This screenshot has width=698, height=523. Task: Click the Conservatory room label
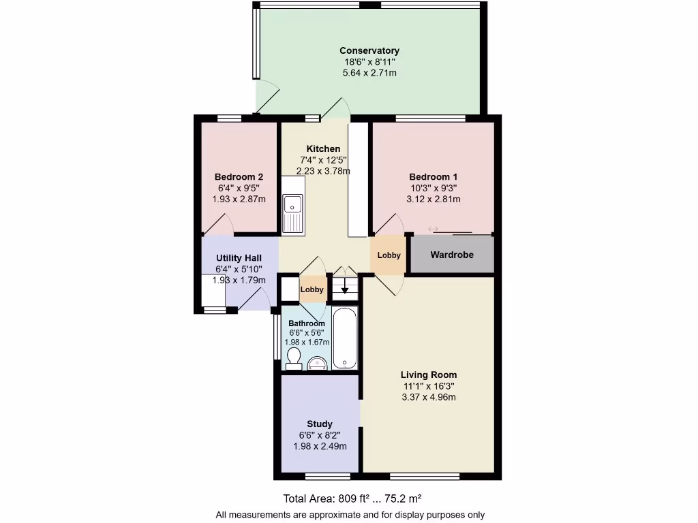coord(369,50)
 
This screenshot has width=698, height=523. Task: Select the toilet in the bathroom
coord(294,358)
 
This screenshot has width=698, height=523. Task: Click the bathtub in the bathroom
coord(344,338)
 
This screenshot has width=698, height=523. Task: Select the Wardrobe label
coord(451,255)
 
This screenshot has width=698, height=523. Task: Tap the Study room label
coord(319,424)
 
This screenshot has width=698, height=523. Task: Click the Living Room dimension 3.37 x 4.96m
coord(428,397)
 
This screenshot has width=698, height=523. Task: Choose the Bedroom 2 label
coord(239,176)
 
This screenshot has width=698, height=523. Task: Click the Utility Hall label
coord(239,258)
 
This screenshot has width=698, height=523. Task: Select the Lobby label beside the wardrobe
coord(389,255)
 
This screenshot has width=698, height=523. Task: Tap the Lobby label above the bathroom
coord(312,289)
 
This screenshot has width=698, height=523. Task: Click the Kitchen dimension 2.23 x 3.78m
coord(323,171)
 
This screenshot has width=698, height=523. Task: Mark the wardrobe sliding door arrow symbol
coord(433,229)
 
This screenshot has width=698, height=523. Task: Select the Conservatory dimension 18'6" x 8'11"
coord(369,62)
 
